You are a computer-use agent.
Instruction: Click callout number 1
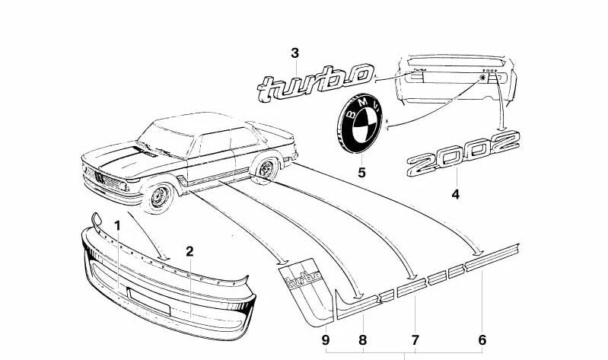[x=117, y=226]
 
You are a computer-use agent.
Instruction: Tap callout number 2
[x=189, y=251]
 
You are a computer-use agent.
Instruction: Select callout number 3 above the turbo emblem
[x=295, y=53]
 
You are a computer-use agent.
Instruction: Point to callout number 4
[x=456, y=194]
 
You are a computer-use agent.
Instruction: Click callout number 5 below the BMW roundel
[x=361, y=172]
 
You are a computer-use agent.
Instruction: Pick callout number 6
[x=482, y=339]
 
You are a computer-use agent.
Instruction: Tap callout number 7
[x=415, y=339]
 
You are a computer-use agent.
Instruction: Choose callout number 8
[x=362, y=339]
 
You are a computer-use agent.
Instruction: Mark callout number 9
[x=326, y=339]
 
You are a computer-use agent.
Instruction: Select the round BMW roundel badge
[x=359, y=123]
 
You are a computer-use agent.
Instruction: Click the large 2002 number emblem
[x=463, y=153]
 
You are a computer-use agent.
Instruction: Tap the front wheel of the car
[x=160, y=196]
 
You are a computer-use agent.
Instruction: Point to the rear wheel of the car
[x=266, y=169]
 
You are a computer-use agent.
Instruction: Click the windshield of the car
[x=166, y=141]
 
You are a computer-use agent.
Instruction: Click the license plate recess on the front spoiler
[x=149, y=300]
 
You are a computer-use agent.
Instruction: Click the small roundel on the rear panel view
[x=482, y=78]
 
